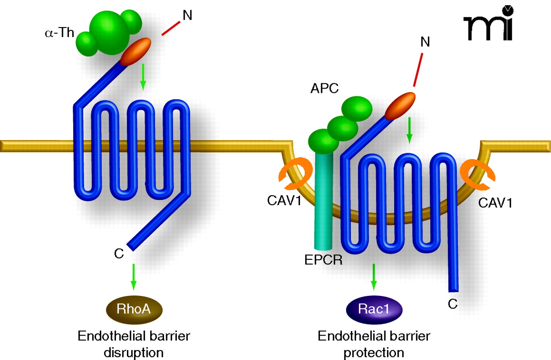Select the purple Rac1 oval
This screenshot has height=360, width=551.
coord(374,309)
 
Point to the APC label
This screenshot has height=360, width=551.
coord(324,89)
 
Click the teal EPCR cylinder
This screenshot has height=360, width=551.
coord(323,202)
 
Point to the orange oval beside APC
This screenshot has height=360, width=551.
coord(400,106)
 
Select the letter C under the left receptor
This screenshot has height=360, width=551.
coord(119,254)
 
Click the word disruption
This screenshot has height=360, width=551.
coord(133,353)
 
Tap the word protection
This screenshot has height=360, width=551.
coord(375,353)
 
